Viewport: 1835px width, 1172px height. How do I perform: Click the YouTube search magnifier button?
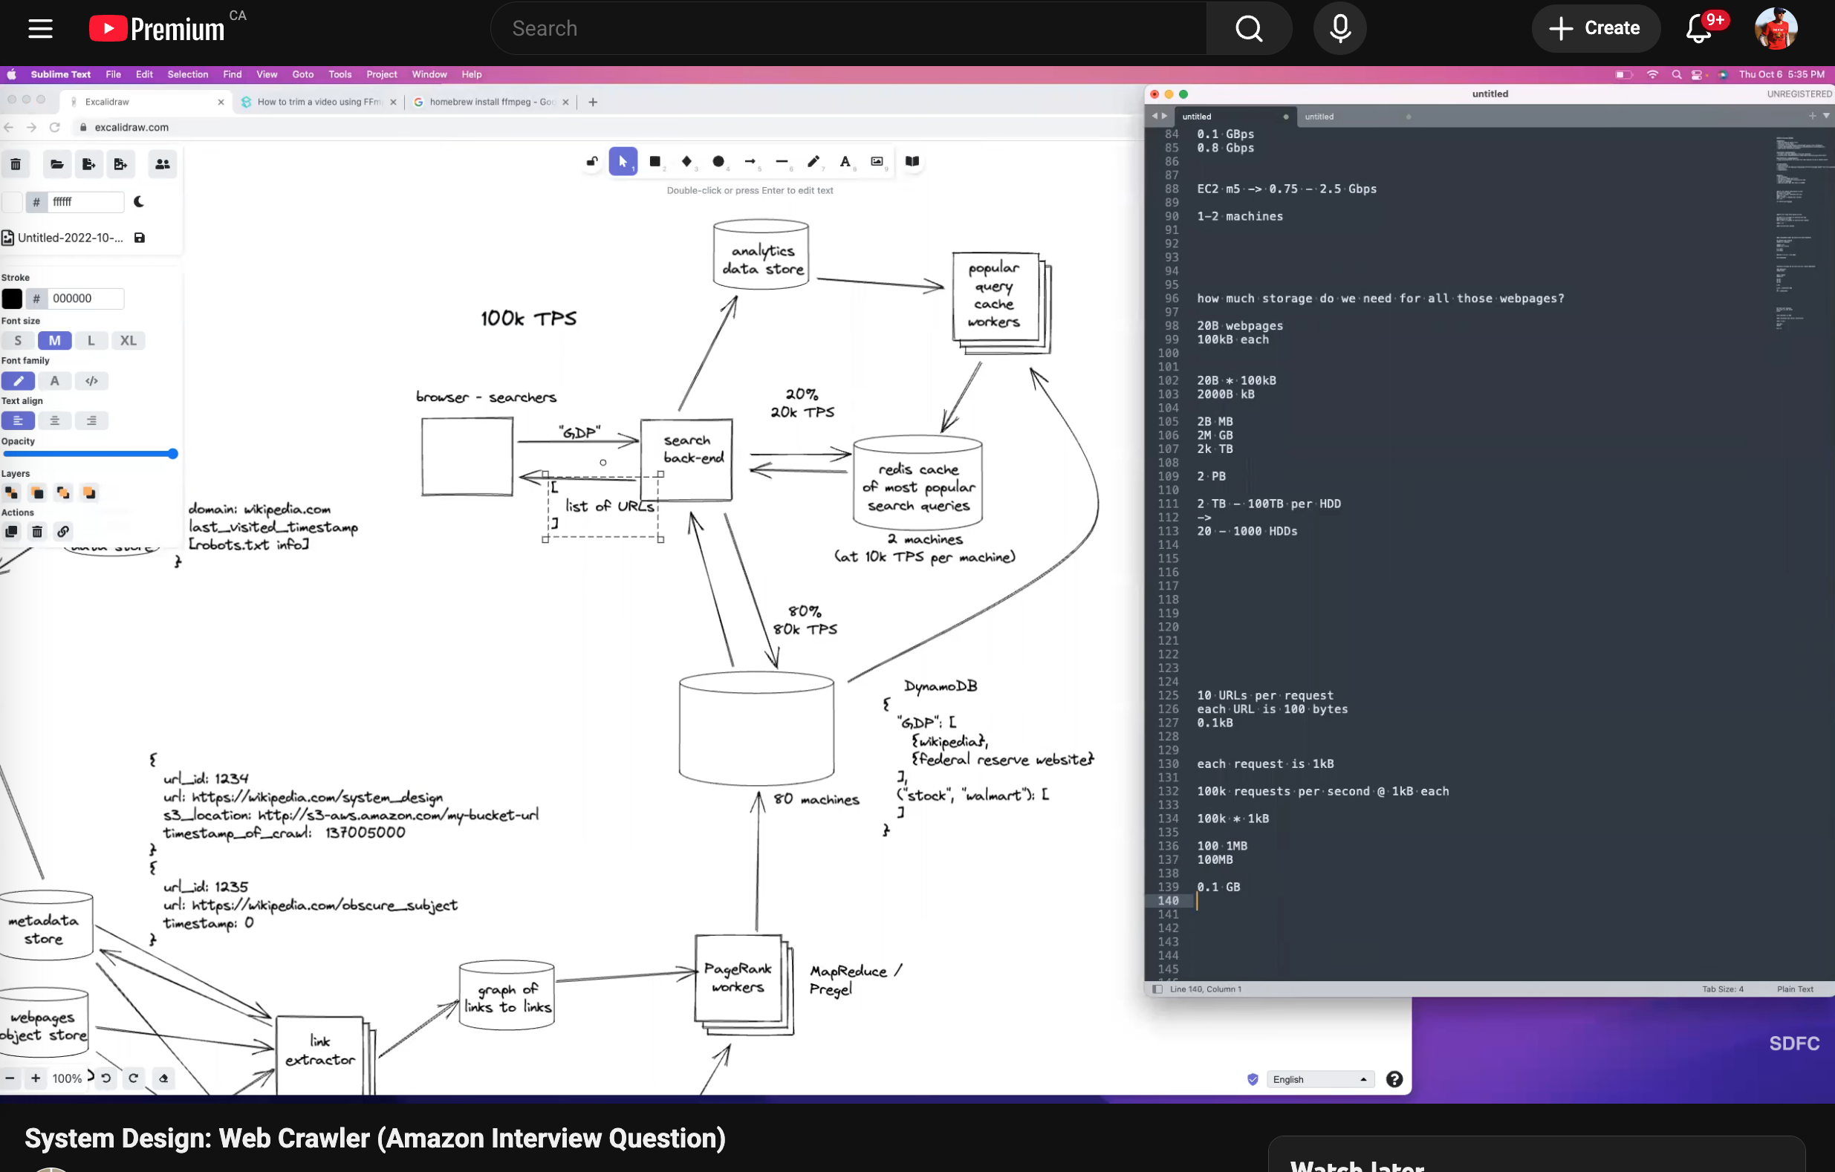[x=1248, y=29]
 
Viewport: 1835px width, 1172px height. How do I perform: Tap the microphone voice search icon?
[x=1339, y=29]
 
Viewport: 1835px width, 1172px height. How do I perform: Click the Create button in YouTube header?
[x=1595, y=28]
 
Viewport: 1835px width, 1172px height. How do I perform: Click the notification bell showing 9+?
[x=1698, y=29]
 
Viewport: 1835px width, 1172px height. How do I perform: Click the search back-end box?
[x=686, y=459]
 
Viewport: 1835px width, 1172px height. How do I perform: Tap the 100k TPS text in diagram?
[x=528, y=319]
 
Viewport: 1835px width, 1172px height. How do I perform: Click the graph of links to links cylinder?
[x=507, y=997]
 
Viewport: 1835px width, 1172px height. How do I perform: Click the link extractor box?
[x=319, y=1052]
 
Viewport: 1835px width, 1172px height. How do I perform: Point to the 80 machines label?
[x=816, y=799]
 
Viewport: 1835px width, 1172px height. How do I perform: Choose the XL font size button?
[x=128, y=341]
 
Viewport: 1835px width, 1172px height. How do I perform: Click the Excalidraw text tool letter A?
[x=845, y=162]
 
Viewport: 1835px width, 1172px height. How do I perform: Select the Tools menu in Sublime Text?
[x=340, y=75]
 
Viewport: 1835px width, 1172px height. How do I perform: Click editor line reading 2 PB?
[x=1211, y=476]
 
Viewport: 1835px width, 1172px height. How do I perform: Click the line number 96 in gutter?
[x=1171, y=299]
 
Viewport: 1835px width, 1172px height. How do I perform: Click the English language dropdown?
[x=1320, y=1079]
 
